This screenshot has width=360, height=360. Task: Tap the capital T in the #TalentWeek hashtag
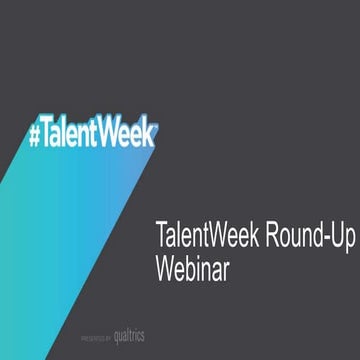click(51, 130)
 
